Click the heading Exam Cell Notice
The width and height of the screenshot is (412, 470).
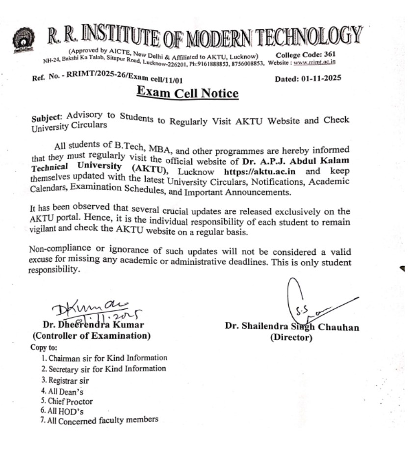[x=188, y=93]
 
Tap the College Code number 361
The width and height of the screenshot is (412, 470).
[x=327, y=54]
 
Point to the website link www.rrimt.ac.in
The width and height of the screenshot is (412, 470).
[x=314, y=62]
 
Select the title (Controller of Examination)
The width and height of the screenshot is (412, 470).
[x=91, y=336]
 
